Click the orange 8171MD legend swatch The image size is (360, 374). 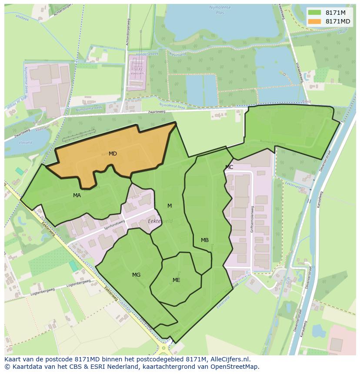click(315, 21)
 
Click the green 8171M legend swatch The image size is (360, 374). click(315, 13)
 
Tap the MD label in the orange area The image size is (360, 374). click(113, 154)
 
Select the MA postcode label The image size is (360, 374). click(77, 195)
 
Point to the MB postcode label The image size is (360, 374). click(205, 240)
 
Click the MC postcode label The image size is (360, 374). click(229, 167)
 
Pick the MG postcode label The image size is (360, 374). click(136, 275)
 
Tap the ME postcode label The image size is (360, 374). click(176, 280)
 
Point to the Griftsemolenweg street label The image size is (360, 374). click(251, 219)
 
